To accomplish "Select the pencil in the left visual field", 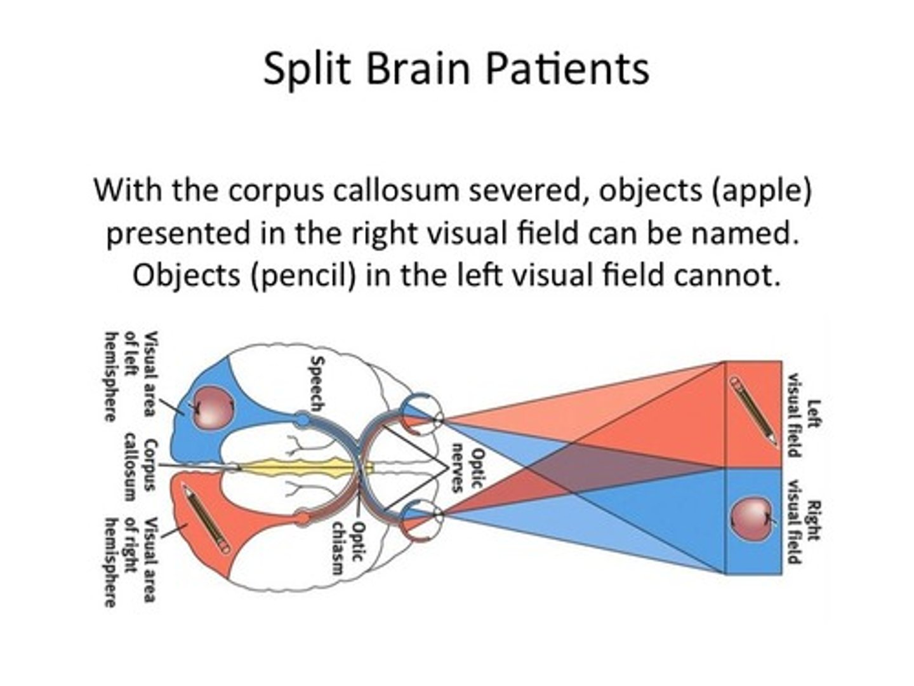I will click(x=753, y=412).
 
